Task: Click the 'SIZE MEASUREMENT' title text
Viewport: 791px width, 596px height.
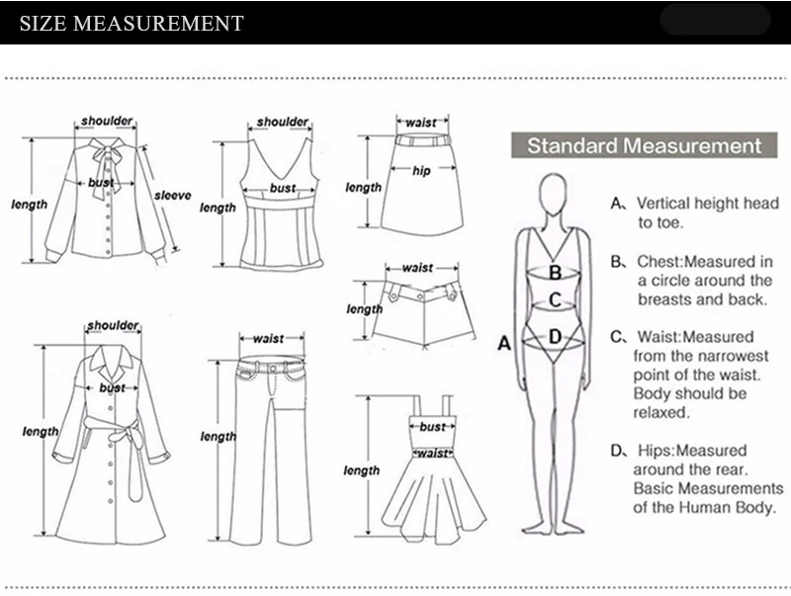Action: [x=132, y=23]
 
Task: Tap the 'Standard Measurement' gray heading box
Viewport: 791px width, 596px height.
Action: [x=645, y=145]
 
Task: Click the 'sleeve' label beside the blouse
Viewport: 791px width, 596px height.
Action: [x=172, y=196]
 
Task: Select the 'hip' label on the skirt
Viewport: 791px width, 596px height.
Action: [x=421, y=171]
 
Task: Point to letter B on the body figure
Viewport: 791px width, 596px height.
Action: [x=555, y=273]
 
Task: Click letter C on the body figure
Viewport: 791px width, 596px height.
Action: [x=555, y=299]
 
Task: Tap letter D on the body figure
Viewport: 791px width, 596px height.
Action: [x=555, y=336]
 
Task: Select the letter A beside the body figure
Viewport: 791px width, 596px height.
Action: [x=504, y=343]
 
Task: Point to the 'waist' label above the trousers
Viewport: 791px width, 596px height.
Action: [x=268, y=339]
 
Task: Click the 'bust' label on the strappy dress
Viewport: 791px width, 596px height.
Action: [x=432, y=427]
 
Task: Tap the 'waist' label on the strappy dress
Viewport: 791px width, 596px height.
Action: [x=432, y=454]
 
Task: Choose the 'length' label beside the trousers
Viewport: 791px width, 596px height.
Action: [x=218, y=437]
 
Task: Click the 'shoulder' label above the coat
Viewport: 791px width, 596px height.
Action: [x=113, y=326]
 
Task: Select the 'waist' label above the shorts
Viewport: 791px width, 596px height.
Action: [x=417, y=268]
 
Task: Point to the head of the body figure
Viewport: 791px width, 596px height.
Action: [x=553, y=192]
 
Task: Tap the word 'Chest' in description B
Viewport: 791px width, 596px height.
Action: [x=659, y=262]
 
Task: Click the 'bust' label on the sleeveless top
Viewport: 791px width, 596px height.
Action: [x=283, y=188]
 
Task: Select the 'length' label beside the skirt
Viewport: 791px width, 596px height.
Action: [x=363, y=188]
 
